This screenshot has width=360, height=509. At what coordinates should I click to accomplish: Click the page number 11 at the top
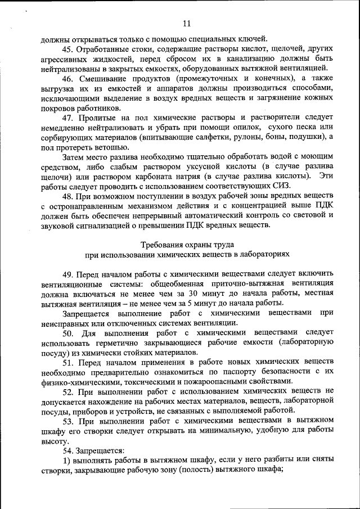[187, 23]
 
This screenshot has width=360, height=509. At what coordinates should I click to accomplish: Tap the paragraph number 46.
[69, 78]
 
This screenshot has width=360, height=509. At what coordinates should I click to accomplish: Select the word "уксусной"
[181, 167]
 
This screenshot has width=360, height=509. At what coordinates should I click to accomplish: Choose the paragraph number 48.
[69, 196]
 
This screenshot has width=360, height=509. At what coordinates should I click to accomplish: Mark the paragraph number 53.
[69, 420]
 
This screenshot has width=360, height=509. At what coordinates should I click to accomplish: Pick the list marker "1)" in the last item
[67, 460]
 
